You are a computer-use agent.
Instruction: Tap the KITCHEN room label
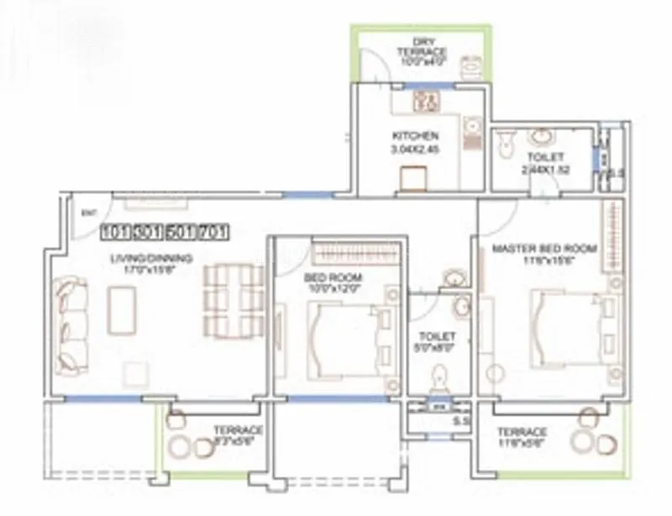point(415,135)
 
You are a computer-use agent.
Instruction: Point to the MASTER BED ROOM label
point(543,249)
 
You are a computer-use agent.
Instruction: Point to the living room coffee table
point(123,310)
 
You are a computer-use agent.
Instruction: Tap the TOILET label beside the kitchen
point(539,157)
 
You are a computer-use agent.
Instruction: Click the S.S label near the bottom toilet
point(460,419)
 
